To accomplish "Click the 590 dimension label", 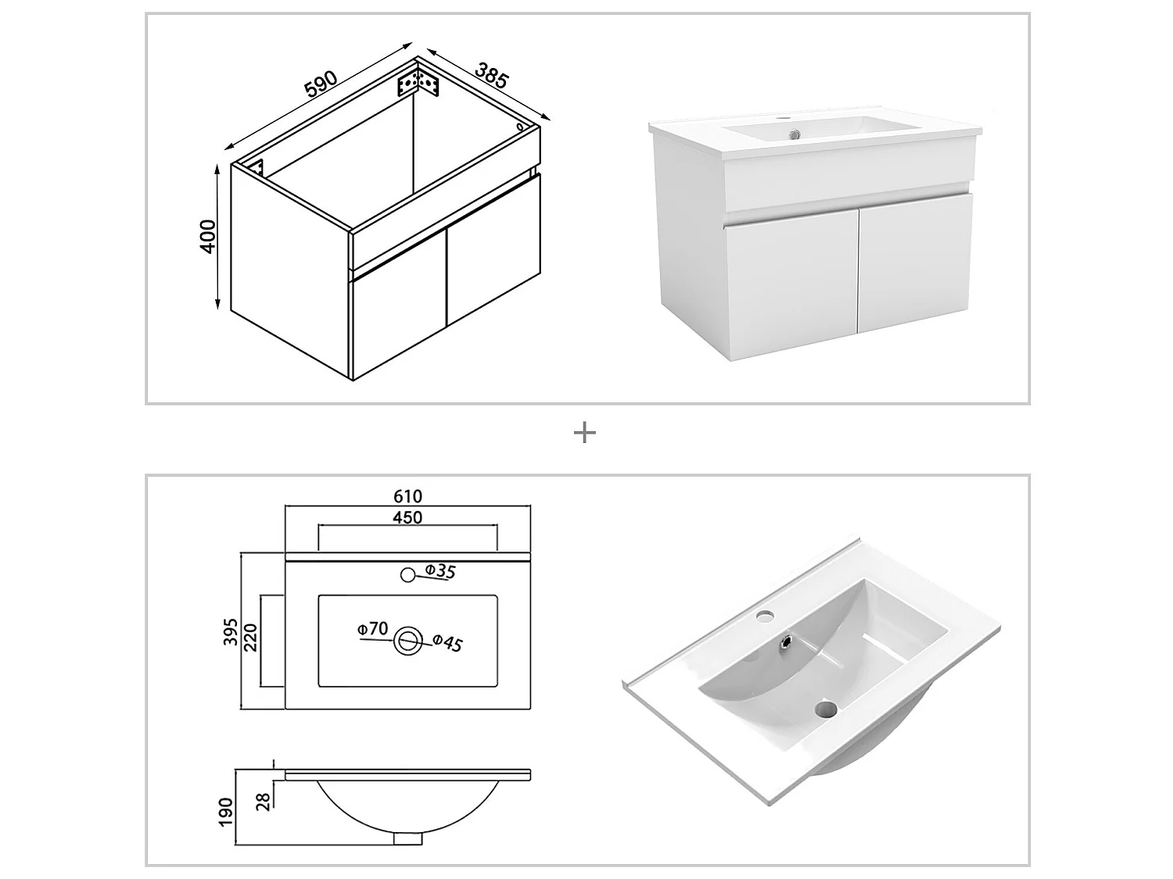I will [x=321, y=84].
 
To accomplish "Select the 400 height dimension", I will [x=208, y=235].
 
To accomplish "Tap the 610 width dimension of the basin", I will [x=407, y=496].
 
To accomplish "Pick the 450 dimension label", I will [x=407, y=517].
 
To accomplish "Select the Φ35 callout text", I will [x=440, y=571].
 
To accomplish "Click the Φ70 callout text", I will [x=372, y=628].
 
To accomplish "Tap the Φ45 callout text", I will [x=448, y=642].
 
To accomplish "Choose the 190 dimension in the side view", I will [x=227, y=813].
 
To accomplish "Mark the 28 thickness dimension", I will [x=264, y=801].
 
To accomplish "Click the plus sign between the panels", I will [x=585, y=432].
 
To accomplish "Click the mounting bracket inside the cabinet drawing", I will [x=419, y=82].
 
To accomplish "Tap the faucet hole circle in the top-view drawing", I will [x=407, y=575].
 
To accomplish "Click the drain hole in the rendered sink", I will [x=824, y=709].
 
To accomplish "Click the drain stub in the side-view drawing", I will [x=407, y=838].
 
